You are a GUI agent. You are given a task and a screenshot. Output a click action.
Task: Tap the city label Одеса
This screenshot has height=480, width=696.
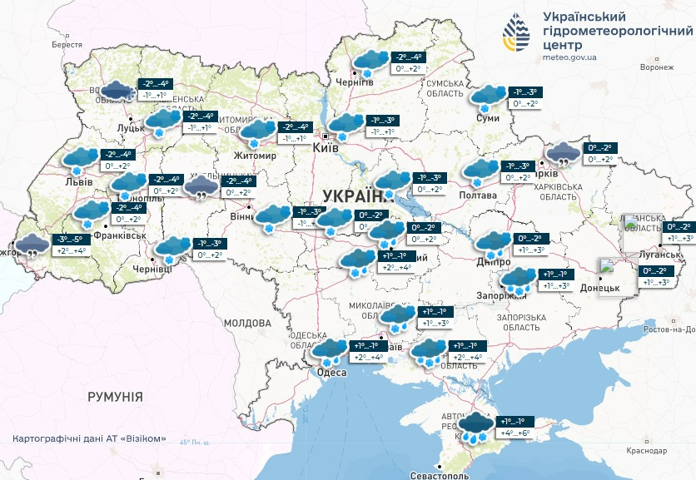[332, 373]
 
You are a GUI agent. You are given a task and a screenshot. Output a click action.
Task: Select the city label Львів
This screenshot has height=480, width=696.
[80, 180]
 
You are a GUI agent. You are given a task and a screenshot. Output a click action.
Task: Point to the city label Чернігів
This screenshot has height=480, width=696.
[354, 82]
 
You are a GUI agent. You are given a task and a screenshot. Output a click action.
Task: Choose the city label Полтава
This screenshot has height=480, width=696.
[478, 195]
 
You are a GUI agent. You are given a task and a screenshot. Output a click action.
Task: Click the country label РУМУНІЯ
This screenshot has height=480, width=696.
[115, 397]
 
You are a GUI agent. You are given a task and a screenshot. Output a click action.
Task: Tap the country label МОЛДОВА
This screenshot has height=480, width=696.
[248, 322]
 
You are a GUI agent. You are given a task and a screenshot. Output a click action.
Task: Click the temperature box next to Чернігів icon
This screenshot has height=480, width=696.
[408, 62]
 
